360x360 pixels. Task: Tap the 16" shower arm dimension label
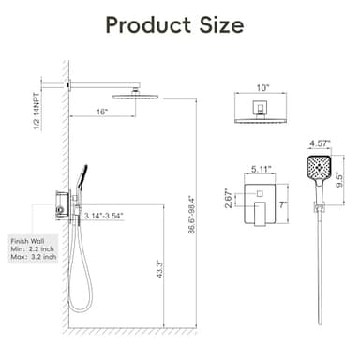point(101,112)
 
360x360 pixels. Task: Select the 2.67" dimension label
point(228,199)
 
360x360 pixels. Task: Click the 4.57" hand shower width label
point(320,144)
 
